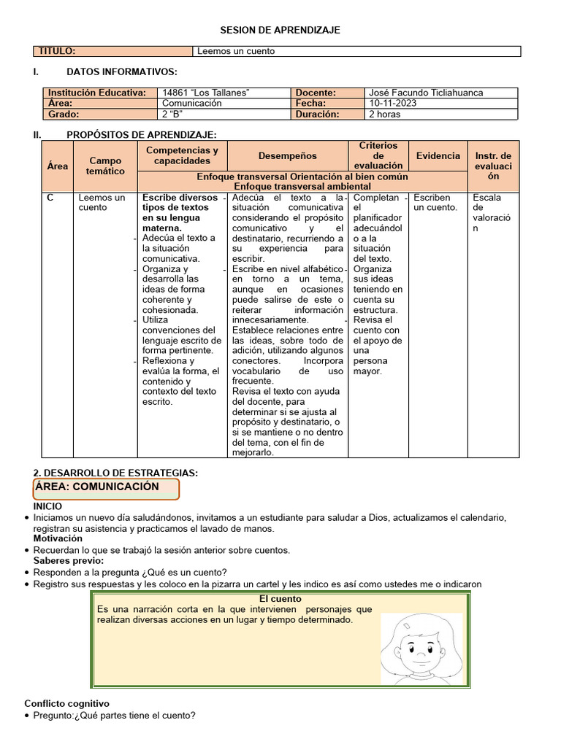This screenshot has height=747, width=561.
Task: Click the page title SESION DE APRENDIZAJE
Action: coord(280,30)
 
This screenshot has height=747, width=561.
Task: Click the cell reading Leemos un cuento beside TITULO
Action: coord(235,51)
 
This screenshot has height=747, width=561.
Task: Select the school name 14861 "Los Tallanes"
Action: coord(206,93)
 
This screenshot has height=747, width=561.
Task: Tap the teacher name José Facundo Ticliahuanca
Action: coord(426,93)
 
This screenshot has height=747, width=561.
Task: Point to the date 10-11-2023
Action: coord(394,104)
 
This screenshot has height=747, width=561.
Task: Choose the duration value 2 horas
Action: coord(386,115)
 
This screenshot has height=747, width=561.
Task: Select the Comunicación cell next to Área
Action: coord(191,104)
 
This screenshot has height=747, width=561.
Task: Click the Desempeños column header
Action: coord(288,155)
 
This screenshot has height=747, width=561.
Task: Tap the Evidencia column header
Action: coord(438,155)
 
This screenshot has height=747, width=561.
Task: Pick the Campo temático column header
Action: coord(105,166)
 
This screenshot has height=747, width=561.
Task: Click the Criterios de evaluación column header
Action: coord(378,155)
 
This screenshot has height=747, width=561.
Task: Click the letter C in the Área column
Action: coord(50,198)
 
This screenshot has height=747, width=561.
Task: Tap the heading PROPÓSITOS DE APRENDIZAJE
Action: coord(142,134)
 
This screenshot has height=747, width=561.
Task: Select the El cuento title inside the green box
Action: coord(280,599)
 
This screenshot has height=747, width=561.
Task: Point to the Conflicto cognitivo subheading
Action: coord(67,703)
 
